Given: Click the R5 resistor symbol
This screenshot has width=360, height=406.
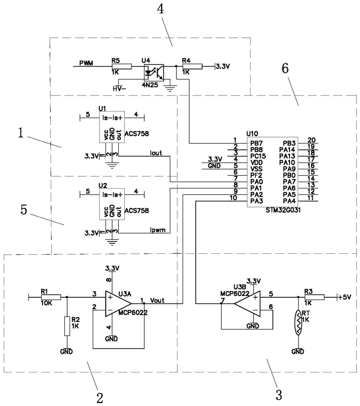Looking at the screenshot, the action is click(122, 67).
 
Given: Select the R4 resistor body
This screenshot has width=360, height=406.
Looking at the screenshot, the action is click(193, 67).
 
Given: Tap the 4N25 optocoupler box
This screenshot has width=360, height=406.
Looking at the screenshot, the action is click(154, 73).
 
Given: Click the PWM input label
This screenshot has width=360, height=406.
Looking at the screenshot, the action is click(86, 63).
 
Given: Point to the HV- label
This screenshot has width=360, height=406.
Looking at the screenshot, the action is click(119, 88).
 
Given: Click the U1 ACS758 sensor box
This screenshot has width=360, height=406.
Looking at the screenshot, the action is click(112, 127).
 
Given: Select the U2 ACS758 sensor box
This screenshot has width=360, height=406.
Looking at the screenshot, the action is click(112, 204).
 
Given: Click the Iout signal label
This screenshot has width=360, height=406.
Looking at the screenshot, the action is click(156, 153).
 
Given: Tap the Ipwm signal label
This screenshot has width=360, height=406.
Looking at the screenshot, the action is click(158, 230).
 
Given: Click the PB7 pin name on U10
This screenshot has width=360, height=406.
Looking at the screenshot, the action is click(256, 143).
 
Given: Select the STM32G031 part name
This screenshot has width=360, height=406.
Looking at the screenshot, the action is click(283, 210).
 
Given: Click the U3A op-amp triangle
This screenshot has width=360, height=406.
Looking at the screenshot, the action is click(118, 303).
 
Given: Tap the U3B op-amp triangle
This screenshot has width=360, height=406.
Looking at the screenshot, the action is click(247, 303).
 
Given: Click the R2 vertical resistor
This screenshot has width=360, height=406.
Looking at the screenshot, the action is click(67, 326).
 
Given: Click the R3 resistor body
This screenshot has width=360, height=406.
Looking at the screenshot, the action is click(315, 297).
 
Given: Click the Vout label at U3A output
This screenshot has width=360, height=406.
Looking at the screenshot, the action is click(157, 300).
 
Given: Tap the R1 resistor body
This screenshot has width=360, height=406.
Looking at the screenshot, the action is click(51, 297).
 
